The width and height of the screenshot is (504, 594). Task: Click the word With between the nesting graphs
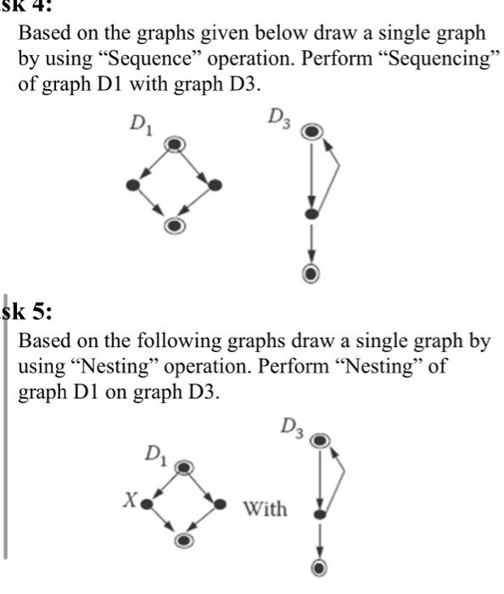pyautogui.click(x=265, y=509)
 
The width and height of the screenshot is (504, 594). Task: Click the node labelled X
pyautogui.click(x=147, y=503)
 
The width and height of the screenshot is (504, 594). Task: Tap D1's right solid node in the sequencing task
pyautogui.click(x=216, y=184)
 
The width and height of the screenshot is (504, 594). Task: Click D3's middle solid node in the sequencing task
pyautogui.click(x=312, y=216)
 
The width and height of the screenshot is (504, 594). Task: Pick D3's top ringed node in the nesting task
pyautogui.click(x=319, y=440)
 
